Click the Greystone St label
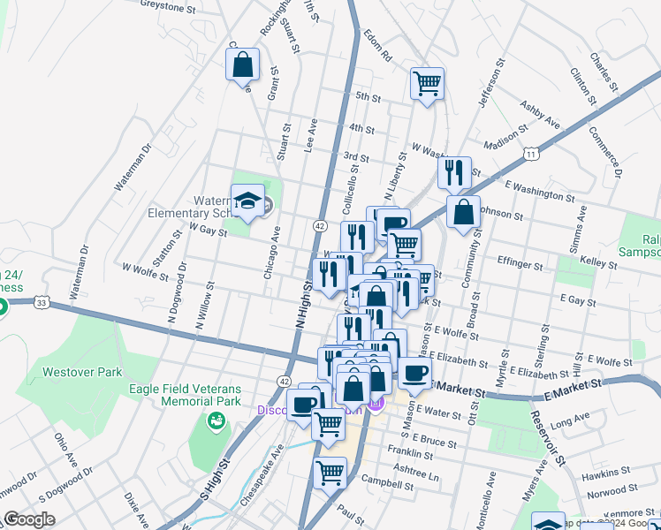168,7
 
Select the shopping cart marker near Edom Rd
427,84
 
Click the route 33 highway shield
42,302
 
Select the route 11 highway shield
530,154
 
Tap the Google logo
29,519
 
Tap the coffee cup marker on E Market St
414,372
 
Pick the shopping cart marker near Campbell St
330,473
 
